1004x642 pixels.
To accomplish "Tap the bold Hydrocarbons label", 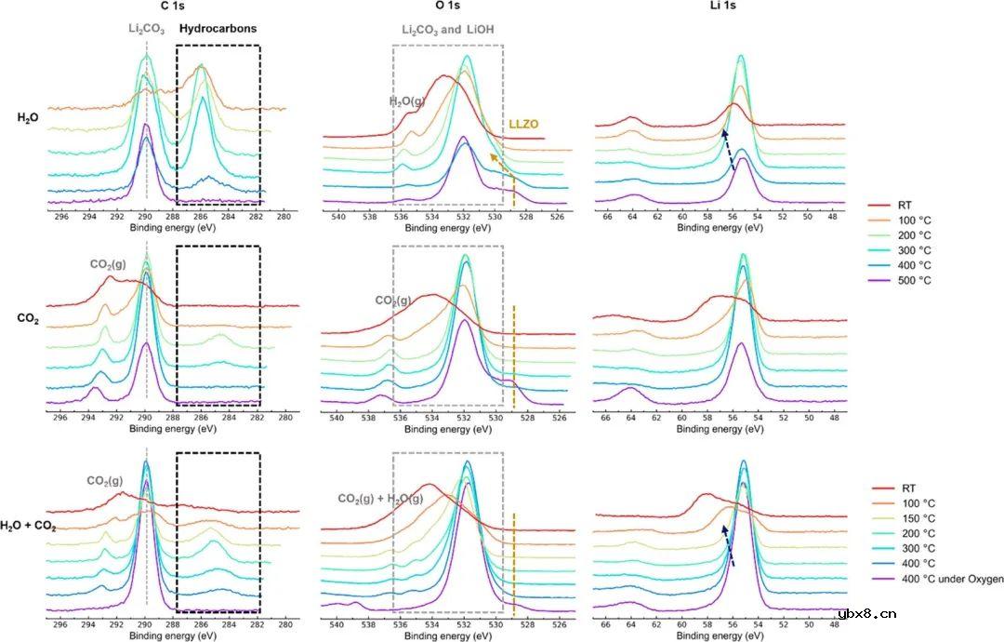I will point(218,29).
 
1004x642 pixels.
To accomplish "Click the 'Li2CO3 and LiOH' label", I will point(448,30).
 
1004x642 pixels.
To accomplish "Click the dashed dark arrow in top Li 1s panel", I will point(728,151).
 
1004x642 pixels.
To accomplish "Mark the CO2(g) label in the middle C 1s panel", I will point(108,264).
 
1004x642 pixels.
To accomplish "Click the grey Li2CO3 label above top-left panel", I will point(147,29).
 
